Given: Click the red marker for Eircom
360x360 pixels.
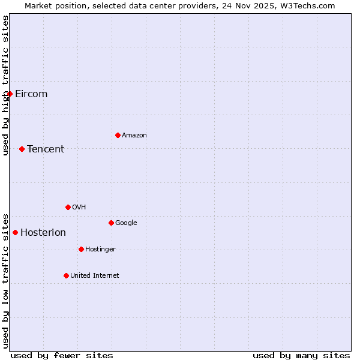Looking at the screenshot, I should coord(10,94).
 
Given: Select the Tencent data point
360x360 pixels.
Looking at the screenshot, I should coord(22,149).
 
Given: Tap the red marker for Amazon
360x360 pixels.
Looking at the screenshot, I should coord(118,135).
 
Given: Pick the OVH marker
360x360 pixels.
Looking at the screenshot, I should coord(68,207).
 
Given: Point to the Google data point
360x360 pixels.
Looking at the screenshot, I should coord(111,223).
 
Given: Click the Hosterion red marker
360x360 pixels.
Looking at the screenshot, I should coord(15,232).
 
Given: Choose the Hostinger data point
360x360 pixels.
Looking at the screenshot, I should coord(81,249).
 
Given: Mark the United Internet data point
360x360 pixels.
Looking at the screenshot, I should coord(66,275).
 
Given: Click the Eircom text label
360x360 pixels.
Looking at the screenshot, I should coord(31,94).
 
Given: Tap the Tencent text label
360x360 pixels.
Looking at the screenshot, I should coord(46,149).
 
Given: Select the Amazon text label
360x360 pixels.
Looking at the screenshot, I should coord(134,136).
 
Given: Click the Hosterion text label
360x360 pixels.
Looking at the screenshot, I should coord(43,233).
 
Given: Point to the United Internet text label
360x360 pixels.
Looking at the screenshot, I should coord(95,276).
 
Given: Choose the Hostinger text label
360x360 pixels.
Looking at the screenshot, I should coord(100,250).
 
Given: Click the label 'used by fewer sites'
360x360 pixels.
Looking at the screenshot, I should coord(62,355).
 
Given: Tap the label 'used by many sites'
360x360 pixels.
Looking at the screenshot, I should coord(301,355).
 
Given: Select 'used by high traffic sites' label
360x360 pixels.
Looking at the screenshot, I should coord(6,85).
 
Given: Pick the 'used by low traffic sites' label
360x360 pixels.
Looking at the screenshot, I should coord(6,281).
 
